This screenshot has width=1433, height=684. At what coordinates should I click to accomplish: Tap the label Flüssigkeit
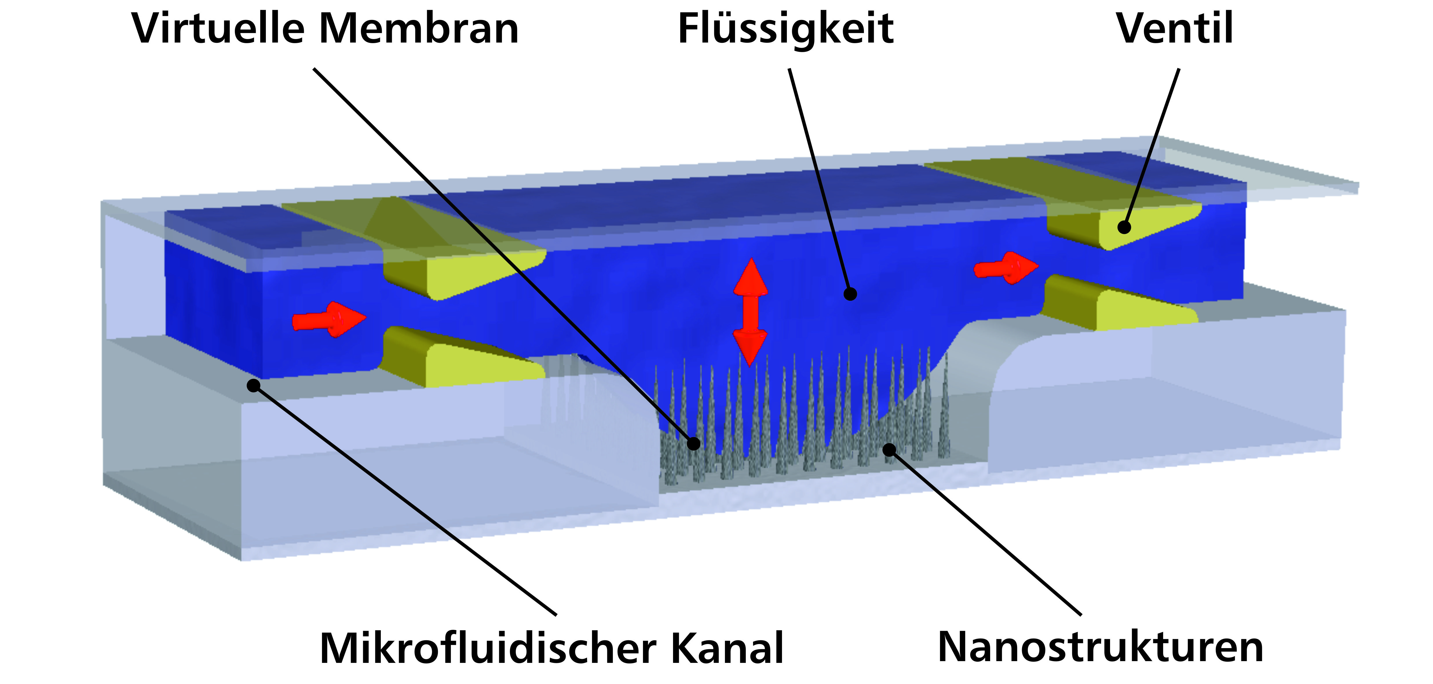[x=785, y=29]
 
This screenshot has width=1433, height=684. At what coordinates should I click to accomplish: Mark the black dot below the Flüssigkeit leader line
[x=849, y=294]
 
